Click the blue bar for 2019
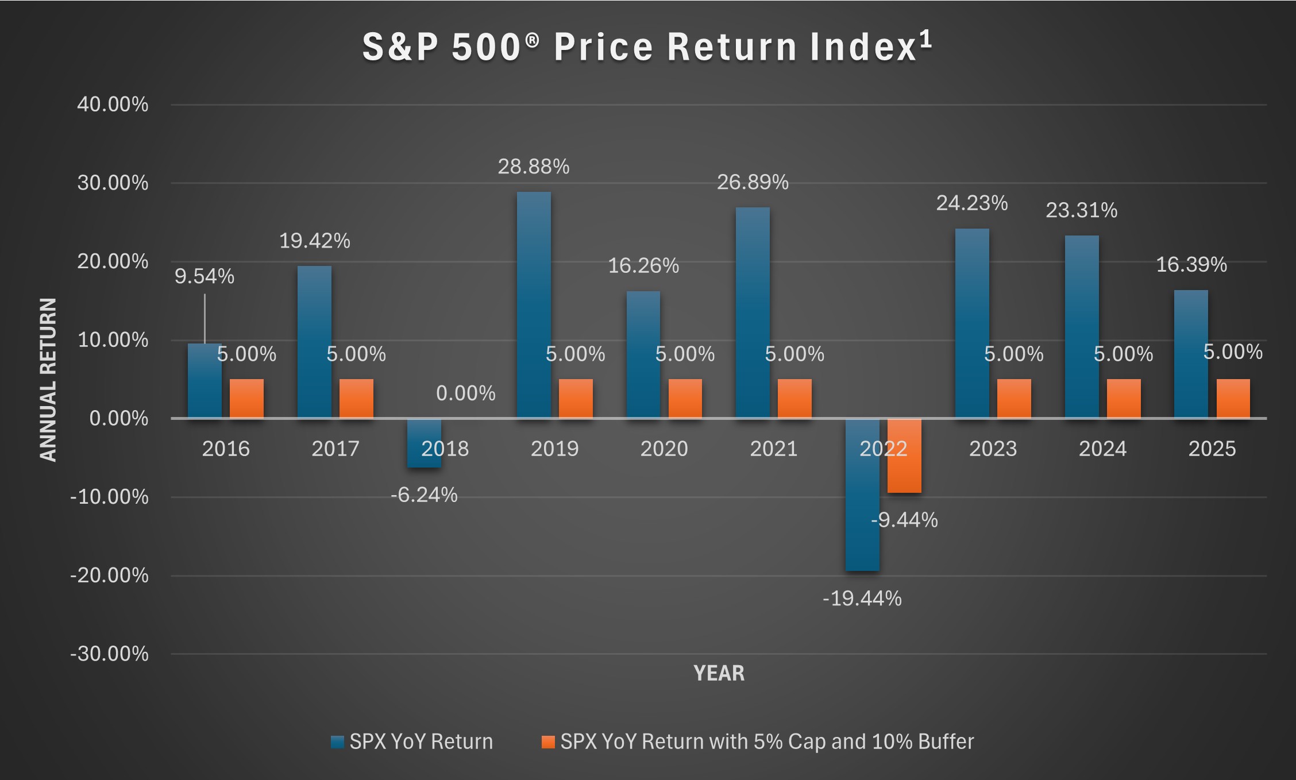click(534, 304)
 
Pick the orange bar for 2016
click(246, 398)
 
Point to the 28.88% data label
click(533, 167)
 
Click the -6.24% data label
click(424, 495)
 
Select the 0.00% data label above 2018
click(465, 393)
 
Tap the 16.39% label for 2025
click(1191, 265)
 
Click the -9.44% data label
click(904, 520)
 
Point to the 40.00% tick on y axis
click(113, 105)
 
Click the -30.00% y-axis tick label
click(109, 654)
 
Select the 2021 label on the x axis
click(773, 449)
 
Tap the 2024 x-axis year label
click(1102, 449)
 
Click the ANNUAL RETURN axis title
click(48, 379)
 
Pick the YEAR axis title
click(719, 673)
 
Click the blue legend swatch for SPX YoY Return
click(337, 742)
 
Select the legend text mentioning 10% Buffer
click(767, 742)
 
